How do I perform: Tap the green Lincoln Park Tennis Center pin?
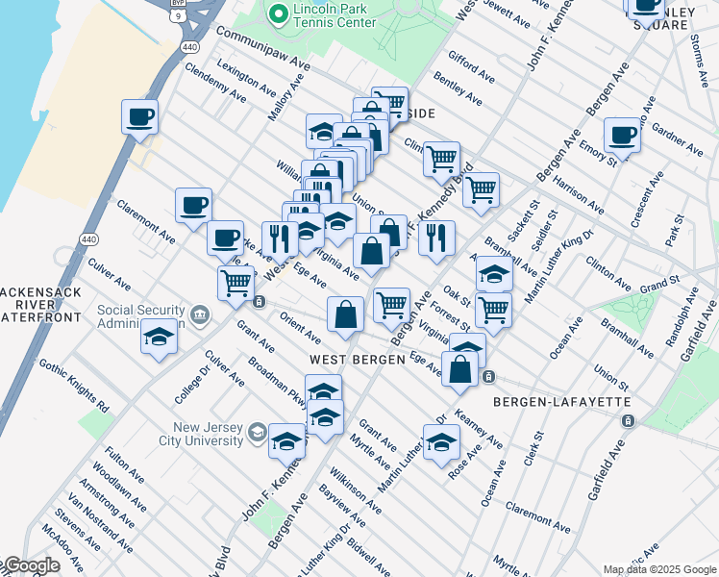[x=278, y=13]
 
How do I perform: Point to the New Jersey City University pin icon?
[x=257, y=434]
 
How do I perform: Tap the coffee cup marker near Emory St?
[x=622, y=136]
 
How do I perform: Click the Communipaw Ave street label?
[x=262, y=47]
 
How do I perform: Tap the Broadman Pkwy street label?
[x=277, y=384]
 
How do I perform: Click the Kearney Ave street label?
[x=480, y=429]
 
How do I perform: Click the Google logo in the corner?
[x=31, y=565]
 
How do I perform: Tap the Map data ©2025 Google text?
[x=659, y=569]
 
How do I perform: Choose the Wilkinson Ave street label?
[x=355, y=489]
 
